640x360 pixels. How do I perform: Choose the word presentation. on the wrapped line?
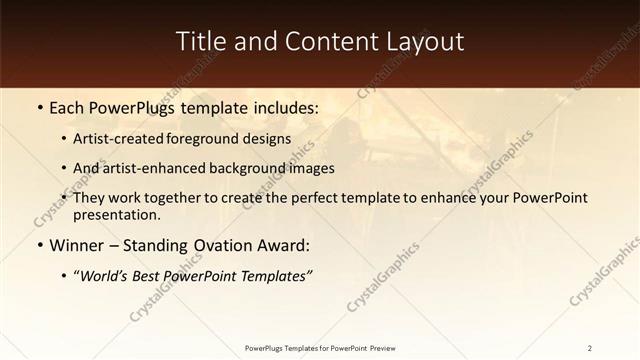pos(117,214)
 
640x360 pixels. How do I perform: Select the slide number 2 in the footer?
pos(590,347)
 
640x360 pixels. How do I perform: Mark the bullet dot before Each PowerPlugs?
pos(39,106)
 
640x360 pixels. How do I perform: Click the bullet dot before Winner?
pos(39,245)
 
